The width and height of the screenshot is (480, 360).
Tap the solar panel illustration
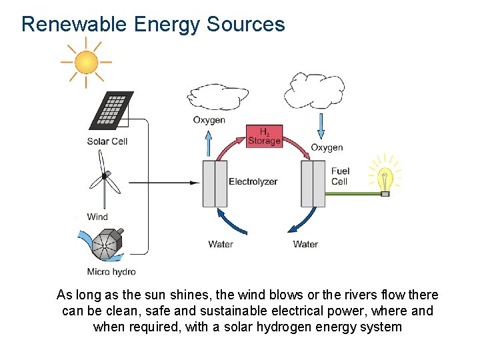coord(111,110)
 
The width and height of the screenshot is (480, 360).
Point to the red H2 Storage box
coord(264,136)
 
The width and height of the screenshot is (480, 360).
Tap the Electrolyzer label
coord(253,182)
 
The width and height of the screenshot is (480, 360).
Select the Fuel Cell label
coord(339,176)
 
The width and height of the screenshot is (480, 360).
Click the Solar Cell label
coord(107,141)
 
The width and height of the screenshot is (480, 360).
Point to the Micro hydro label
coord(111,271)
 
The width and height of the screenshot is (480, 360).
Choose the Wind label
coord(97,217)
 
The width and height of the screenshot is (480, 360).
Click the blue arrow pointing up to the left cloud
coord(209,143)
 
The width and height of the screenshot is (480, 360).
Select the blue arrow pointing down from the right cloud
coord(321,127)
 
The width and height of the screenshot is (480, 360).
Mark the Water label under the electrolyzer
coord(221,244)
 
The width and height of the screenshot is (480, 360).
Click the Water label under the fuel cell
coord(305,244)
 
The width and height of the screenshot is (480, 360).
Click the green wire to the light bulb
coord(353,194)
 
